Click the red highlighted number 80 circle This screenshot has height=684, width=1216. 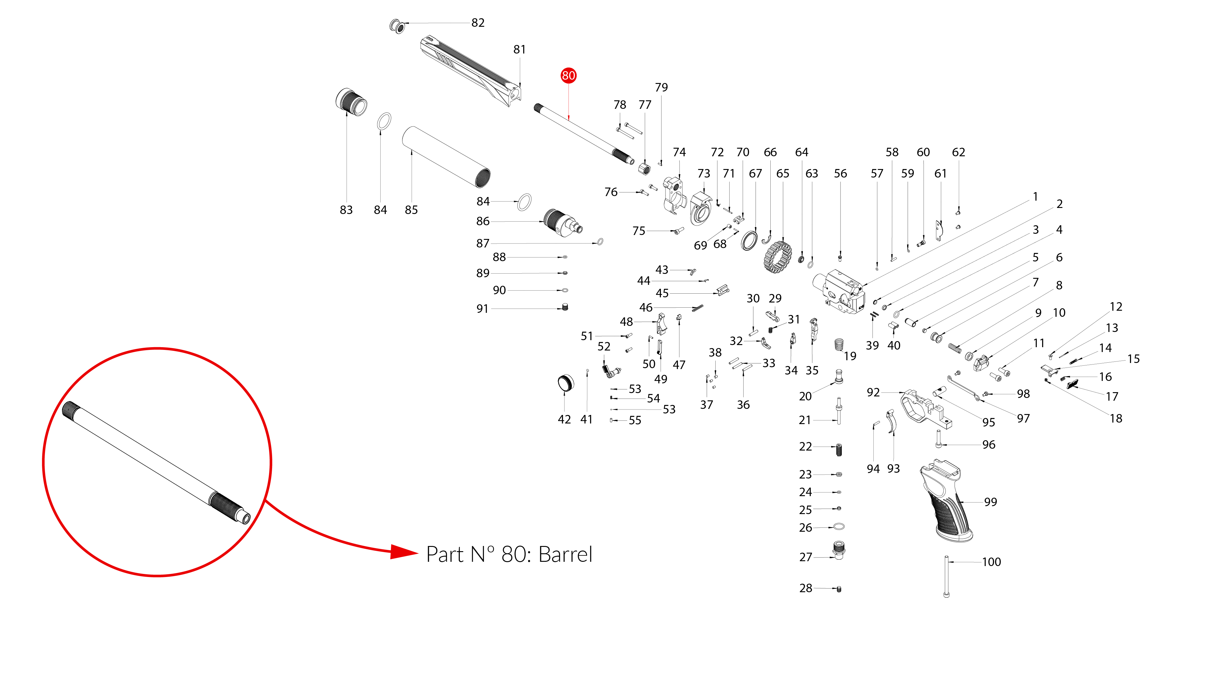click(568, 75)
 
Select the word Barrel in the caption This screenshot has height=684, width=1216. click(565, 555)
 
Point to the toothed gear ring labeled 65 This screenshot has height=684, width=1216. click(777, 257)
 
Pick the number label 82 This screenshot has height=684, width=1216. click(478, 23)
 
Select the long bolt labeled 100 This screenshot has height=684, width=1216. click(946, 577)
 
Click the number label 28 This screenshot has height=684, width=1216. click(805, 588)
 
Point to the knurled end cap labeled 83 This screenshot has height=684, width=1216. click(351, 102)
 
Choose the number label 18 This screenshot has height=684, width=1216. click(1116, 418)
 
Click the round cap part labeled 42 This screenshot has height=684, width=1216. click(565, 383)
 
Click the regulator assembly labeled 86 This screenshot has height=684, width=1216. click(562, 223)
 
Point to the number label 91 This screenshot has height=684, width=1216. click(482, 309)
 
